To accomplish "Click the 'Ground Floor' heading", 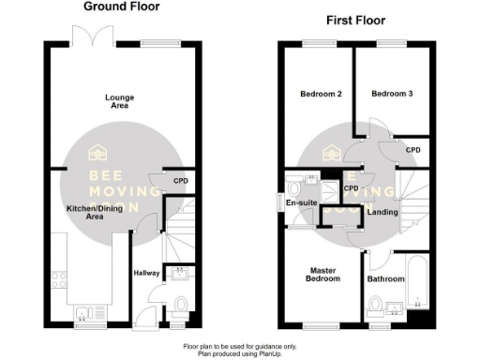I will pyautogui.click(x=122, y=7).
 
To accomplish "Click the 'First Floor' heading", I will pyautogui.click(x=355, y=20).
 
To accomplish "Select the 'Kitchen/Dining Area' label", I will pyautogui.click(x=83, y=212).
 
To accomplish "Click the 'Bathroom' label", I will pyautogui.click(x=386, y=279).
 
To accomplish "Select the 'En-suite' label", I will pyautogui.click(x=299, y=202).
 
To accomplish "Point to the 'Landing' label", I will pyautogui.click(x=382, y=213).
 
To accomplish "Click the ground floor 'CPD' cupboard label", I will pyautogui.click(x=182, y=180).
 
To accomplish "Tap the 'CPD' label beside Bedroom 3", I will pyautogui.click(x=412, y=150).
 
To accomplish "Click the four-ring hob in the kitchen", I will pyautogui.click(x=62, y=279).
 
